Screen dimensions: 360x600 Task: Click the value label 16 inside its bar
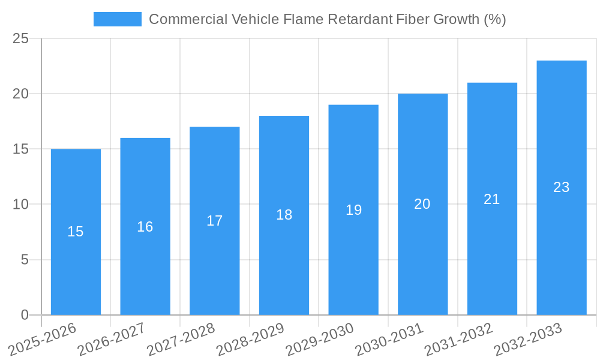point(145,227)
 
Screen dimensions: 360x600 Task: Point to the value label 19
point(353,210)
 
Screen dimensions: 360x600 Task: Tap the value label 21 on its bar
point(491,199)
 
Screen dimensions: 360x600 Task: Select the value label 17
point(214,221)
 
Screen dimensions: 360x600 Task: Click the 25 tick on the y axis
point(20,38)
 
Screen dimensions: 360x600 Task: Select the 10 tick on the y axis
point(20,205)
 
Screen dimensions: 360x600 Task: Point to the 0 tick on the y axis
point(25,315)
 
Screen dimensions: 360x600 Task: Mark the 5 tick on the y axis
point(25,260)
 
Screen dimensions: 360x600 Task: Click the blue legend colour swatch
point(117,19)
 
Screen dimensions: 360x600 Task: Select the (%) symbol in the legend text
point(494,19)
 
